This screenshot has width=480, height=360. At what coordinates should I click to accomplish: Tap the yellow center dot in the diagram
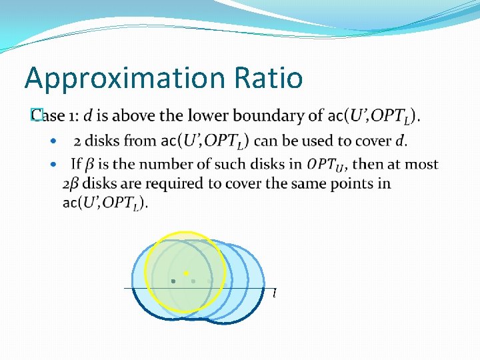click(x=186, y=273)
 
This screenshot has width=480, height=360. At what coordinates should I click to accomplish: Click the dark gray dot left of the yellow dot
click(x=173, y=281)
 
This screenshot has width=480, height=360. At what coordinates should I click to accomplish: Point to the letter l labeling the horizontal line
click(x=274, y=293)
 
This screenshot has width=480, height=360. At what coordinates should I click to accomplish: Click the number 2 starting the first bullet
click(x=77, y=141)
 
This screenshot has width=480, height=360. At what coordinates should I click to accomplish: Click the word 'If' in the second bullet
click(x=76, y=164)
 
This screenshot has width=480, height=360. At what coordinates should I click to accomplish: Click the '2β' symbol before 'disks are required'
click(x=71, y=183)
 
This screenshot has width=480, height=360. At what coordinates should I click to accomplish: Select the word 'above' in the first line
click(x=136, y=116)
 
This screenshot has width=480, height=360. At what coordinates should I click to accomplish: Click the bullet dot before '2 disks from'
click(x=54, y=141)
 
